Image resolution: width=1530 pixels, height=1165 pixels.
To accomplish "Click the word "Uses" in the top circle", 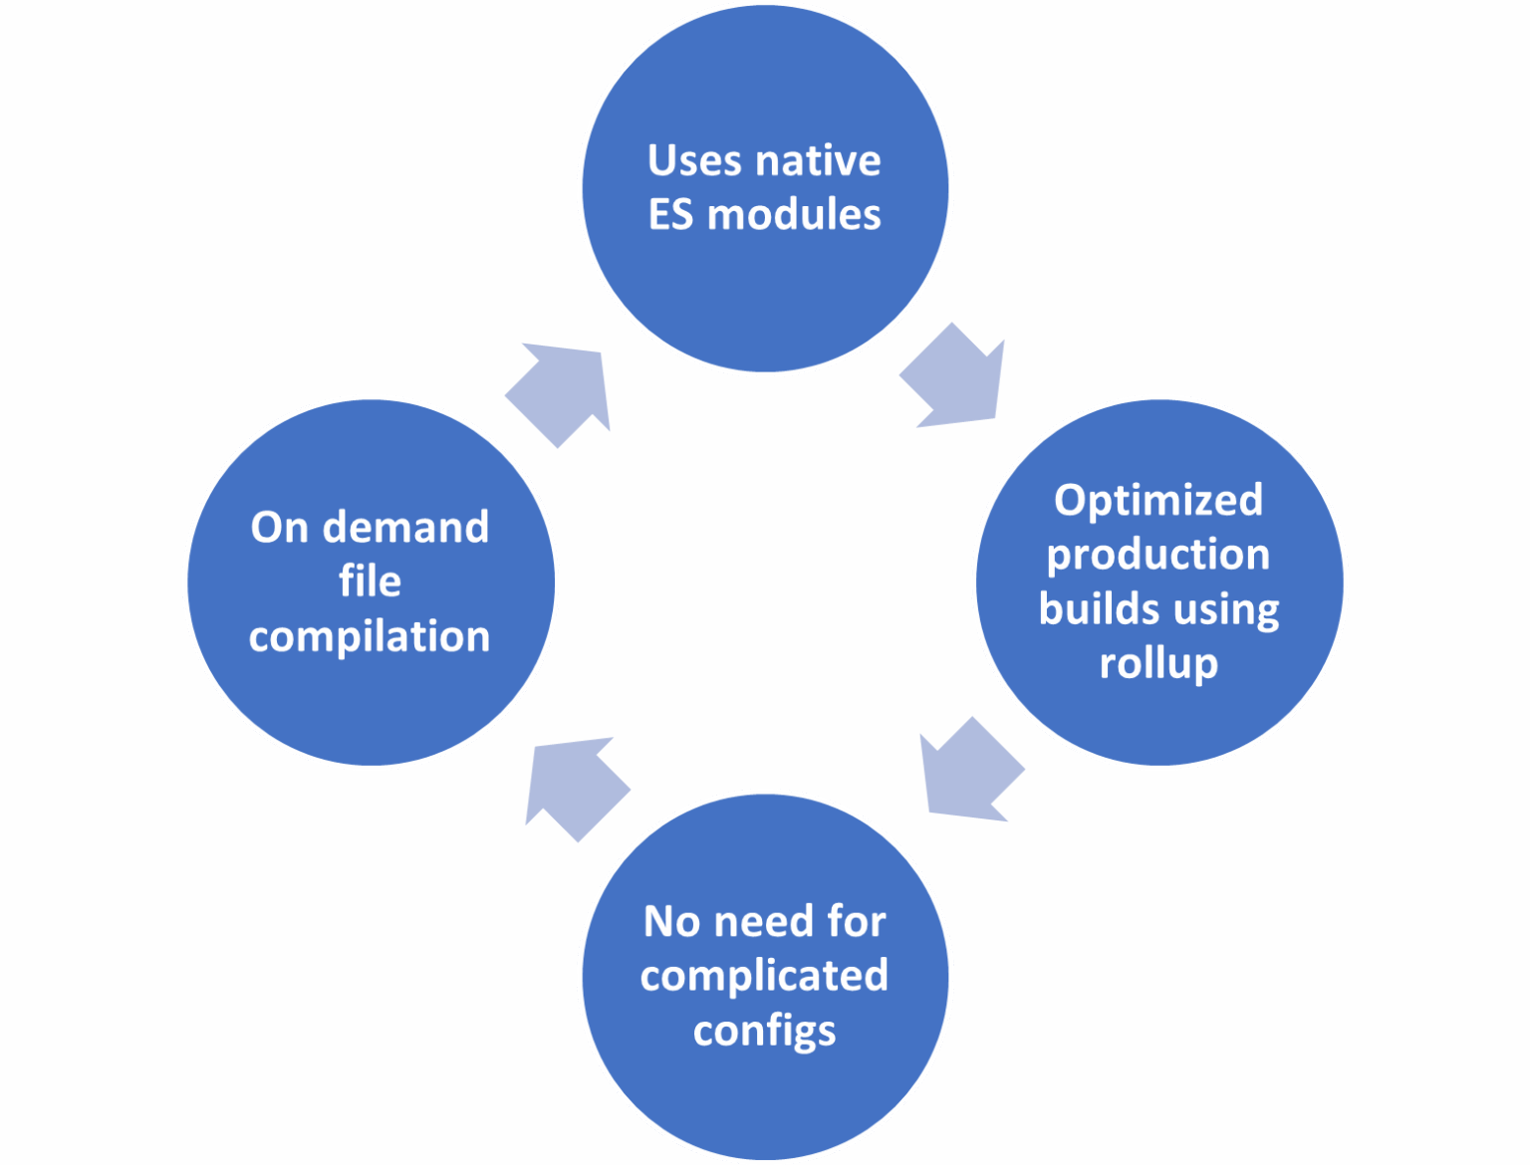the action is point(697,161).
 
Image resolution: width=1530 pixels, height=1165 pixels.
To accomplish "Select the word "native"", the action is point(819,161).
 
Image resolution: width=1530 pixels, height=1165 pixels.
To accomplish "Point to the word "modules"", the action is point(795,214).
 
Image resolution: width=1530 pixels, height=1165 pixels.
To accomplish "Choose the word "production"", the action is point(1158,556).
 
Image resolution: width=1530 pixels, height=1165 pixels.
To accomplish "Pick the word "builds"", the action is point(1093,609).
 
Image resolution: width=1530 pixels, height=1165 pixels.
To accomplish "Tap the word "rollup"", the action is point(1158,665).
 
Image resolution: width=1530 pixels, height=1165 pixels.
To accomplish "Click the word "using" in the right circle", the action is point(1219,611).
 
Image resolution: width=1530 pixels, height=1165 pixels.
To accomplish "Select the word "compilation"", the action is point(371,638).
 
